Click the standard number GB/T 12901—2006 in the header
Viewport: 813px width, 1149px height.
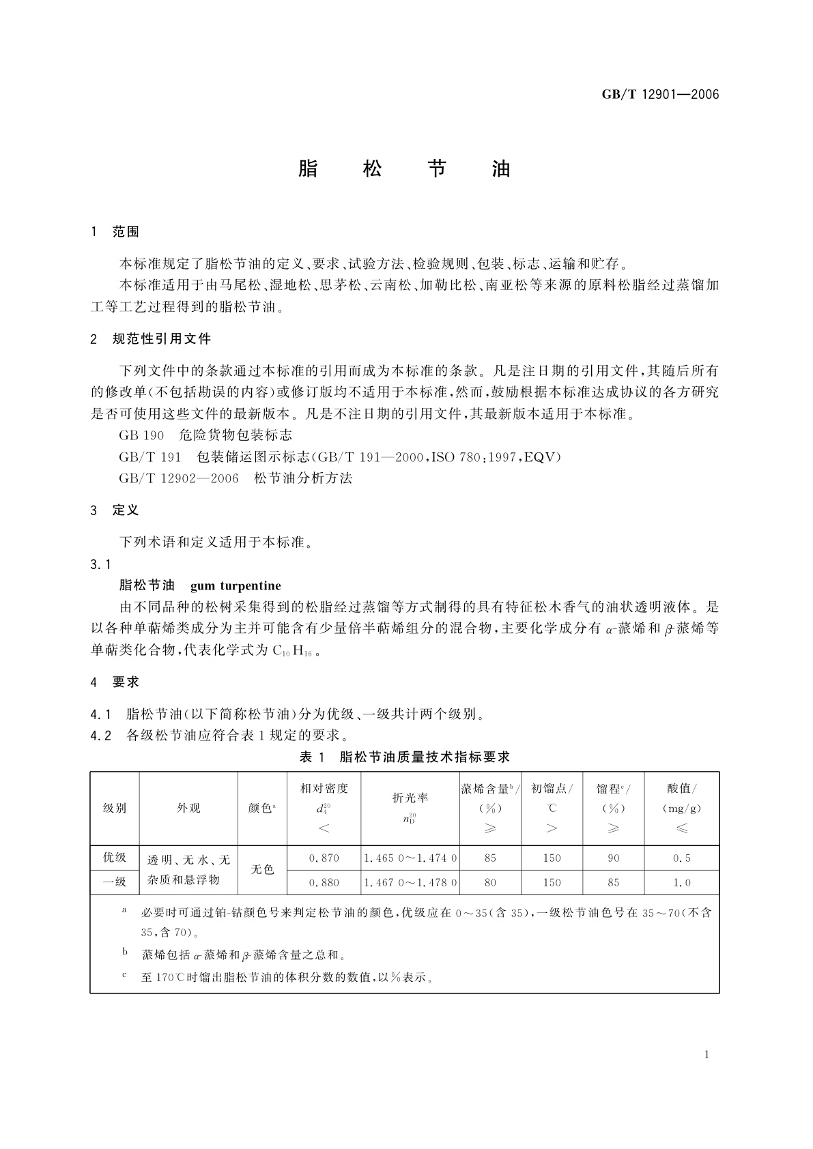660,94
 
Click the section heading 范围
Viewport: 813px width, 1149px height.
126,232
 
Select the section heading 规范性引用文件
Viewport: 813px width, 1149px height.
162,339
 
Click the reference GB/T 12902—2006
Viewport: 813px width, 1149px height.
179,478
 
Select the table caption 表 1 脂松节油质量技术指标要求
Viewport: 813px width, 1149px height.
405,757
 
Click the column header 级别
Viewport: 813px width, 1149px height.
115,809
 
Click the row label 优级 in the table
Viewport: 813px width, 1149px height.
115,858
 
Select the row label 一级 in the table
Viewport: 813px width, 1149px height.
115,882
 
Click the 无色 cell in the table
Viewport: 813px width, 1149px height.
262,870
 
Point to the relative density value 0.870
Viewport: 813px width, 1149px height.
324,858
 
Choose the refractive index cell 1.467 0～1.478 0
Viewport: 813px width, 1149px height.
410,883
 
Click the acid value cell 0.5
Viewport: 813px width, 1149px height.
682,858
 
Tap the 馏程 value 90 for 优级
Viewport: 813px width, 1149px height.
614,858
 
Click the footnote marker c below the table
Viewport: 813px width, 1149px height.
124,974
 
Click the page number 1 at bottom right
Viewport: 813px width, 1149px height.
707,1055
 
